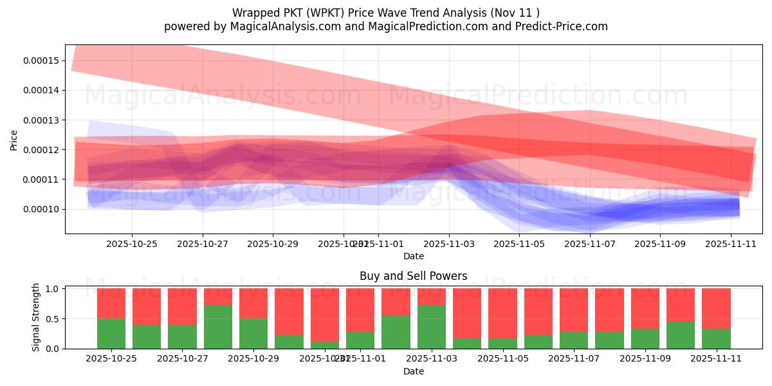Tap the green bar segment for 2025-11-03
(x=432, y=327)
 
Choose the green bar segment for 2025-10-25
(x=111, y=333)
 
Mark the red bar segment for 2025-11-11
(x=716, y=309)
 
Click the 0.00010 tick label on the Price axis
(x=41, y=209)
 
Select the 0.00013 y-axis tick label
(x=41, y=120)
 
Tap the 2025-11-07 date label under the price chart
(x=590, y=244)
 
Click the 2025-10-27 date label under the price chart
(x=203, y=244)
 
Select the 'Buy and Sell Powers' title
(x=414, y=276)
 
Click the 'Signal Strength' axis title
(x=36, y=317)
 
